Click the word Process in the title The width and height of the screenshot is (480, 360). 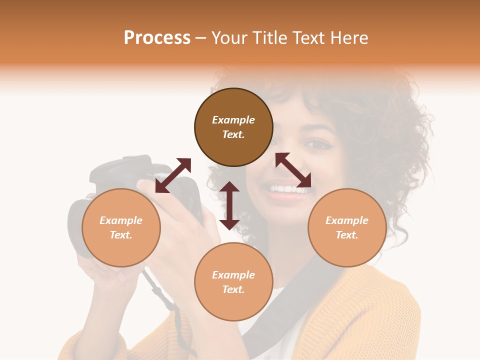point(157,38)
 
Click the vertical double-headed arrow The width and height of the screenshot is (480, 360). point(229,205)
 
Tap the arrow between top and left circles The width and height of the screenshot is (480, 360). point(173,175)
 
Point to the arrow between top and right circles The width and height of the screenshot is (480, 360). point(293,170)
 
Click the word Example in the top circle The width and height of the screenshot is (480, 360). point(233,120)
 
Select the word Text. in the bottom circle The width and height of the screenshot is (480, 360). point(233,289)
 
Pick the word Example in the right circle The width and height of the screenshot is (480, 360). point(347,220)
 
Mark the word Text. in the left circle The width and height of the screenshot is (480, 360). point(121,235)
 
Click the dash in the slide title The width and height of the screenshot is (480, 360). point(200,38)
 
